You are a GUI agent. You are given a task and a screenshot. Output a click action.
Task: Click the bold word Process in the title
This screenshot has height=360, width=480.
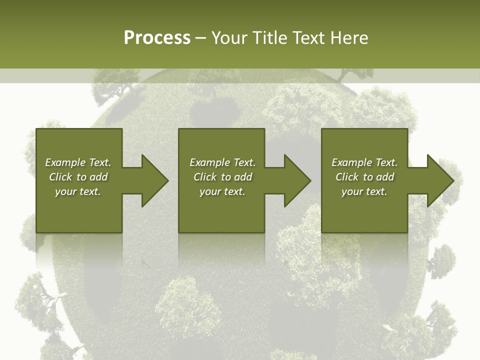point(157,38)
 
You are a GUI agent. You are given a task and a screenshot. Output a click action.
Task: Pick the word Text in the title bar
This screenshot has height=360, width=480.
point(307,38)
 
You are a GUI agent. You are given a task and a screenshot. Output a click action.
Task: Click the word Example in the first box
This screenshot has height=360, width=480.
point(65,162)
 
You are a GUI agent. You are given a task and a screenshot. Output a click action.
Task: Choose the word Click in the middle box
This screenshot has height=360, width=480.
point(204,177)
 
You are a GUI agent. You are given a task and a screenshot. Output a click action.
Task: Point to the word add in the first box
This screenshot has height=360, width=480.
point(99,177)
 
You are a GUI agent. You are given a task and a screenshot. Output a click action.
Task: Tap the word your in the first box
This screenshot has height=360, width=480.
point(65,192)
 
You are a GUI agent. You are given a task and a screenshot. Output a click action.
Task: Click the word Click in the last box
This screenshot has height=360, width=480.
point(347,177)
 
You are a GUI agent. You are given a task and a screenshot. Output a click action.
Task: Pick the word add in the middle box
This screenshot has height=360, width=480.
point(243,177)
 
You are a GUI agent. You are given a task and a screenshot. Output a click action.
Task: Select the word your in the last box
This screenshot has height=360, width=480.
point(352,192)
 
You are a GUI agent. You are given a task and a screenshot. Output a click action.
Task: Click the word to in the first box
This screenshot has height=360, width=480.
point(81,177)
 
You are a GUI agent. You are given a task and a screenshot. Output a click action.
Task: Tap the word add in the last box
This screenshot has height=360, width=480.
point(385,177)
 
